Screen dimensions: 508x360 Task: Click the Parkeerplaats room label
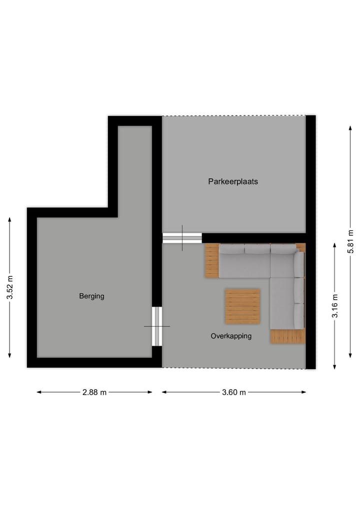click(233, 182)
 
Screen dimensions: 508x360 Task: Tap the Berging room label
click(91, 296)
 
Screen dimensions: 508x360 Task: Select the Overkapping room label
click(231, 336)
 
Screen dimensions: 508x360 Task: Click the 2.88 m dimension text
click(94, 392)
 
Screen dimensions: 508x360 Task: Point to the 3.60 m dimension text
click(234, 392)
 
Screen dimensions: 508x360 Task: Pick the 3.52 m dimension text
click(9, 287)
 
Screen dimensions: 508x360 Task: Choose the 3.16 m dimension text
click(334, 306)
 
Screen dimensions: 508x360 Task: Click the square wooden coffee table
click(242, 306)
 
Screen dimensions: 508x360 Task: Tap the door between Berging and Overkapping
click(157, 326)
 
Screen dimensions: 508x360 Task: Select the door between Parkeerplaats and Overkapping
click(182, 238)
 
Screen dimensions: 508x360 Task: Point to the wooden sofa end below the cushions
click(287, 337)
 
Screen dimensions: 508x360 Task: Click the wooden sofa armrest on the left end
click(212, 260)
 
